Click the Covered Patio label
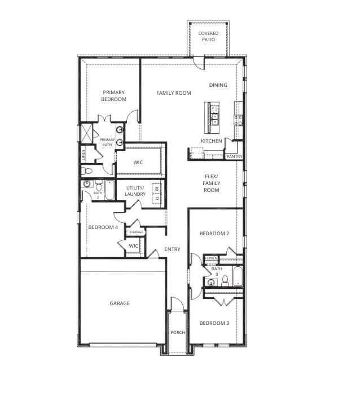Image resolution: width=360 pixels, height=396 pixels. tap(208, 36)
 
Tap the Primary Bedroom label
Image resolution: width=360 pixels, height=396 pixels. tap(113, 96)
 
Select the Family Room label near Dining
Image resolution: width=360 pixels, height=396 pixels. tap(174, 93)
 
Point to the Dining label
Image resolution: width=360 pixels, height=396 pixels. tap(218, 85)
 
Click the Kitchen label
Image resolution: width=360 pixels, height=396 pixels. tap(212, 141)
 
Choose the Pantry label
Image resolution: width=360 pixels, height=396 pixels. tap(234, 157)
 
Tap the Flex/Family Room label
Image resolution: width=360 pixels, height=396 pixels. tap(212, 183)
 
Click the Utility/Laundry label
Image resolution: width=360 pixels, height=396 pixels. tap(135, 191)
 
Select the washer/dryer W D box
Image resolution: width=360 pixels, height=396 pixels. tap(157, 193)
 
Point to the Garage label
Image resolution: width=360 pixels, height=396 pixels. tap(120, 303)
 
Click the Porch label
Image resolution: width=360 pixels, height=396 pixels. tap(178, 332)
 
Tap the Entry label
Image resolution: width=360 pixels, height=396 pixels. tap(172, 249)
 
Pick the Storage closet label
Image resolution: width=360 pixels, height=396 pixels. tap(136, 232)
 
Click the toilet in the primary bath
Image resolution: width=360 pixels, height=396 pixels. tap(87, 171)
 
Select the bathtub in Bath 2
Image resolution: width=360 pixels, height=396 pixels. tap(109, 191)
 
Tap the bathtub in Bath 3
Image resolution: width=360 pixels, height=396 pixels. tap(238, 276)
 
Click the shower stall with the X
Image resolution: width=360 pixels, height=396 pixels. tap(86, 133)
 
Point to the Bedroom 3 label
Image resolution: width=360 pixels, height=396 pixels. tap(214, 323)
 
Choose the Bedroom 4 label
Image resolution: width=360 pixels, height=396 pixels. tap(103, 227)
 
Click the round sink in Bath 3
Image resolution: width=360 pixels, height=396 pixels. tap(210, 283)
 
